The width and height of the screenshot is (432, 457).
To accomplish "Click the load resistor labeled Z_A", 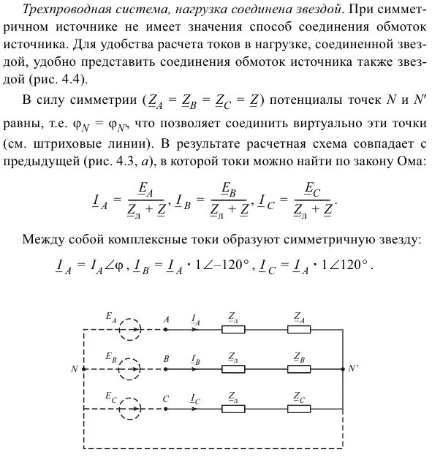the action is pos(299,330).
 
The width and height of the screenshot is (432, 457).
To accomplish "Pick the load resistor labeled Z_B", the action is pos(299,369).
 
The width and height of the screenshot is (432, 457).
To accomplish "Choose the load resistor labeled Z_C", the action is pos(299,408).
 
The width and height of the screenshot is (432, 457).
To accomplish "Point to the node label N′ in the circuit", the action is pos(354,369).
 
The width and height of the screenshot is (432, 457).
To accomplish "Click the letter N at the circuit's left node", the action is pos(74,369).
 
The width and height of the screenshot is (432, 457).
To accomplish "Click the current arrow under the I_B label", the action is pos(195,369).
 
